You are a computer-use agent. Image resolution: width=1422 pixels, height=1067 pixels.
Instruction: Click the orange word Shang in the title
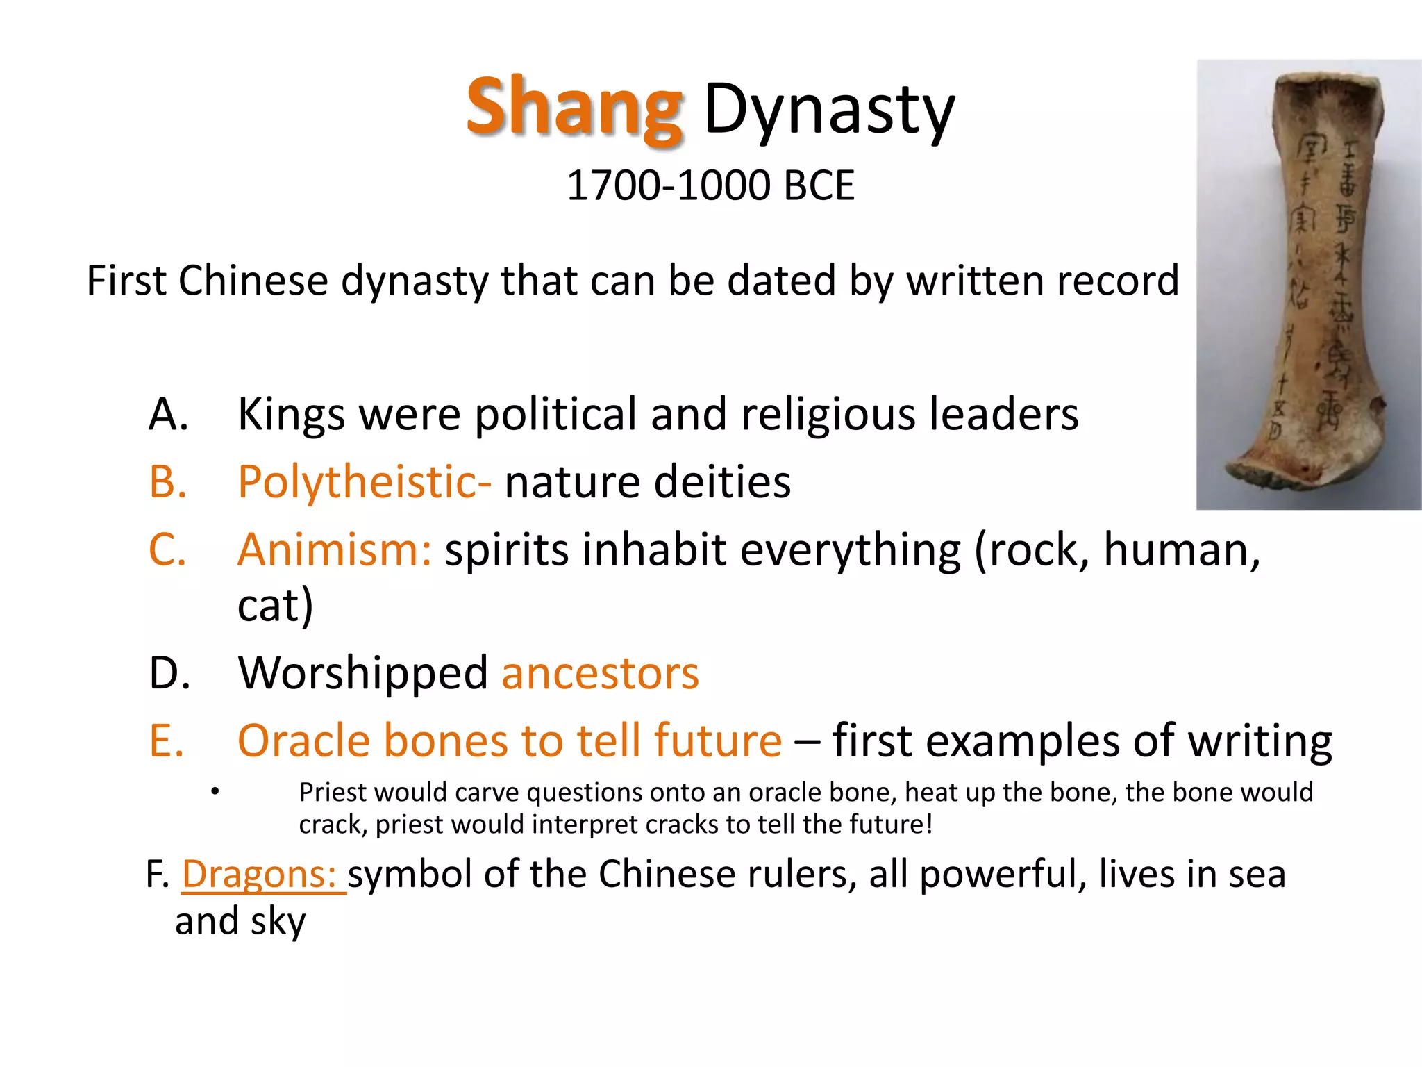point(575,108)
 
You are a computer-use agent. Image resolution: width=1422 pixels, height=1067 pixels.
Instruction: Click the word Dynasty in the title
point(829,110)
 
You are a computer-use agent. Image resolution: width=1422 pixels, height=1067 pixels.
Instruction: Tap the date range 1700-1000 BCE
point(710,186)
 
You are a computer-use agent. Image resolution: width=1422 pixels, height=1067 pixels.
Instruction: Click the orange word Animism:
point(335,549)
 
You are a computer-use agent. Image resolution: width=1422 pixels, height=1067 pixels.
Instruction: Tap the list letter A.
point(168,415)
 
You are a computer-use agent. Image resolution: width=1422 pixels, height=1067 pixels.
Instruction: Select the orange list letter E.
point(167,741)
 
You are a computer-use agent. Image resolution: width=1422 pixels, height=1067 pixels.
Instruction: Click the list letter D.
point(169,672)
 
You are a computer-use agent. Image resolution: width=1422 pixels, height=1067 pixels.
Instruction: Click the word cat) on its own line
point(275,605)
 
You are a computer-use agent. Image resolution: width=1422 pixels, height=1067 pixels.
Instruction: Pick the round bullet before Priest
point(216,792)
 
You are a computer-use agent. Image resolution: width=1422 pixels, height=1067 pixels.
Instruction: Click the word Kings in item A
point(291,415)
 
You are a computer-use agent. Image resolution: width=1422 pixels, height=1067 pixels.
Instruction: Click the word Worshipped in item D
point(363,674)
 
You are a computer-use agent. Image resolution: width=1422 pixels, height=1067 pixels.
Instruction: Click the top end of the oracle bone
point(1326,87)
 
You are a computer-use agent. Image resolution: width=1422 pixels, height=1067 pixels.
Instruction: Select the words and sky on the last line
point(240,922)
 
